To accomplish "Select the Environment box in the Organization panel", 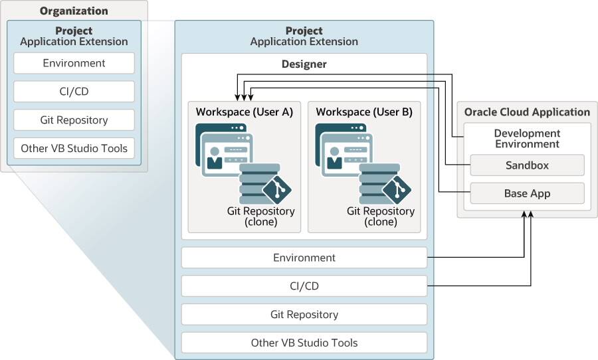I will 74,63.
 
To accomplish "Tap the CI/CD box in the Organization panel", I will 74,92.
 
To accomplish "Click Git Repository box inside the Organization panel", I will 74,120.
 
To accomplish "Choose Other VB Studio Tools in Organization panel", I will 74,148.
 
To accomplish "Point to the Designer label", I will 304,64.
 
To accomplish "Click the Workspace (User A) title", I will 244,112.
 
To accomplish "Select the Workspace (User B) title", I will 364,112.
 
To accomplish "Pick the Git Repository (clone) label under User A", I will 260,217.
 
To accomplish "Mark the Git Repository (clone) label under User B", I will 381,217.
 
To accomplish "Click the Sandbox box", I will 527,165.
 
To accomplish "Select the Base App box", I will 527,194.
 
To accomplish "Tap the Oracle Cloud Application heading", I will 527,112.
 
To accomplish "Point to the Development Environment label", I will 527,138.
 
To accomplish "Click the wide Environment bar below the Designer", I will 304,258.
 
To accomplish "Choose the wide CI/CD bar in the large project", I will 304,286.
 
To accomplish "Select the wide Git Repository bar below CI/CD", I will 304,314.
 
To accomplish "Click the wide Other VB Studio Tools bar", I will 304,343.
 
